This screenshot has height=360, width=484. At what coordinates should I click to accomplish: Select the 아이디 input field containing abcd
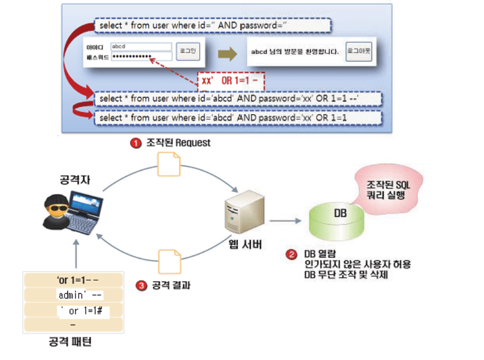(x=142, y=47)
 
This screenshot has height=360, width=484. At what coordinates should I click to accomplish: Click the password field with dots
(x=142, y=56)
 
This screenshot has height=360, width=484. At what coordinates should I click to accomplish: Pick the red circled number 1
(x=135, y=143)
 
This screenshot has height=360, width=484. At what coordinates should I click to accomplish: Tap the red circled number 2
(x=291, y=254)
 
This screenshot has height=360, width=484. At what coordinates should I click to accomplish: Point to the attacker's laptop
(x=85, y=209)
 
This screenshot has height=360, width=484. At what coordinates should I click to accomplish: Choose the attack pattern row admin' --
(x=80, y=296)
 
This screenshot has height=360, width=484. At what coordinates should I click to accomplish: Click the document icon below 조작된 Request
(x=168, y=165)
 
